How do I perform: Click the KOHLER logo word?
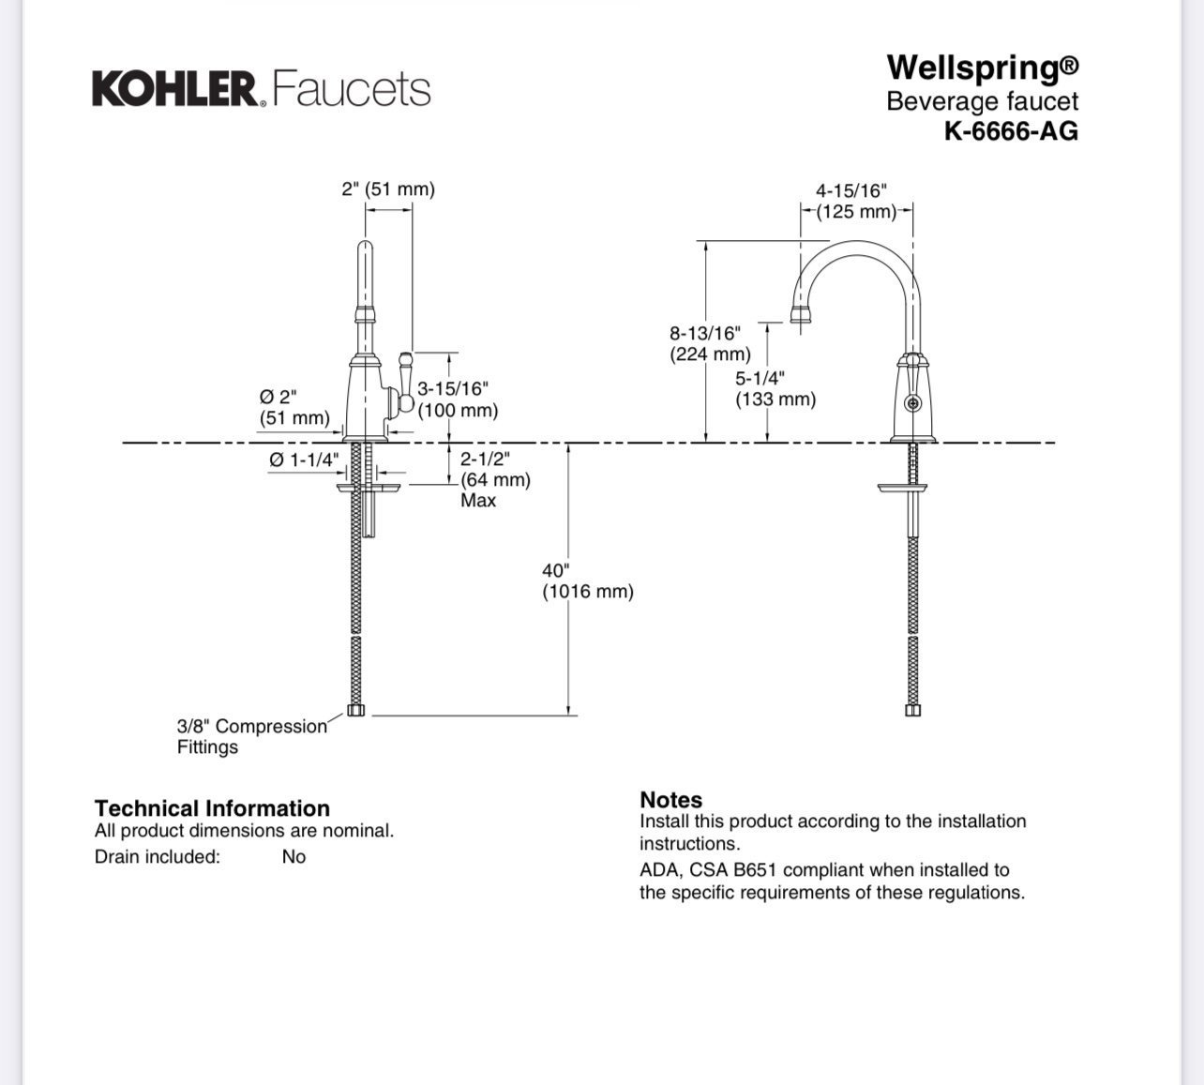click(175, 89)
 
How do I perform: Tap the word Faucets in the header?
click(352, 89)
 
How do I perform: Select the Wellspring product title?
click(983, 68)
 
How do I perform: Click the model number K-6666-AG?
click(1012, 130)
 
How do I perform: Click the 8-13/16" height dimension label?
click(710, 343)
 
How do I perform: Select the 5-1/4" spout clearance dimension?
click(775, 388)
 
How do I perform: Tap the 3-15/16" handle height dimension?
click(458, 399)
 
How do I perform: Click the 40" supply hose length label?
click(588, 580)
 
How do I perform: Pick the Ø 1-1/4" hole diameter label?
click(304, 460)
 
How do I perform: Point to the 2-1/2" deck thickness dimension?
click(495, 480)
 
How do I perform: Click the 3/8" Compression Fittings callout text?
click(252, 736)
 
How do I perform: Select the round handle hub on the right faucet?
click(913, 403)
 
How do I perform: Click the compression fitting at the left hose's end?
click(356, 710)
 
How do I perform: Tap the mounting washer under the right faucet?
click(902, 488)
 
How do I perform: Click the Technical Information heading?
click(212, 808)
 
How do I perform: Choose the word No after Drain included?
click(293, 856)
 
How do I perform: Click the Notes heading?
click(670, 800)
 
